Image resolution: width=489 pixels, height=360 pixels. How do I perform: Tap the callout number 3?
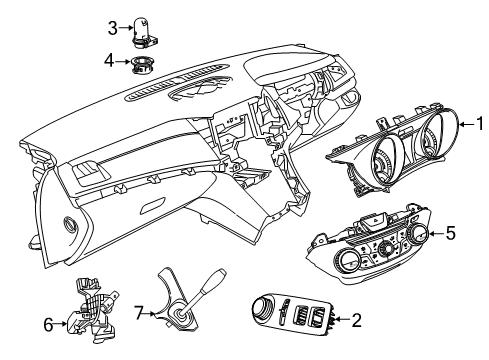(x=113, y=27)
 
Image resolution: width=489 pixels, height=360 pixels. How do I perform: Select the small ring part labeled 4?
(x=140, y=65)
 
